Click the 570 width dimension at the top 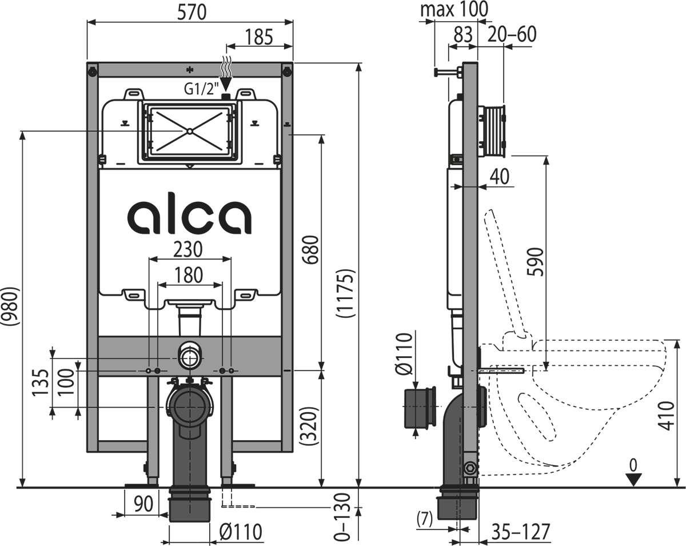(189, 12)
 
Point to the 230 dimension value (189, 249)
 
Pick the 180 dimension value (189, 274)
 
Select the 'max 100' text (454, 10)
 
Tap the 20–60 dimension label (512, 35)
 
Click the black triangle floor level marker (633, 480)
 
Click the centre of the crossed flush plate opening (189, 131)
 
